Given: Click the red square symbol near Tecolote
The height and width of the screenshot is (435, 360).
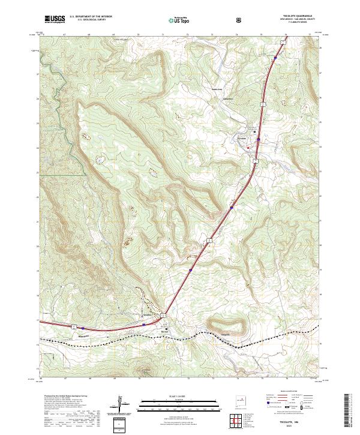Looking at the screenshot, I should pos(249,156).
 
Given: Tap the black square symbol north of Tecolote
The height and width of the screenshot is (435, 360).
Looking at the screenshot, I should pos(254,131).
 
